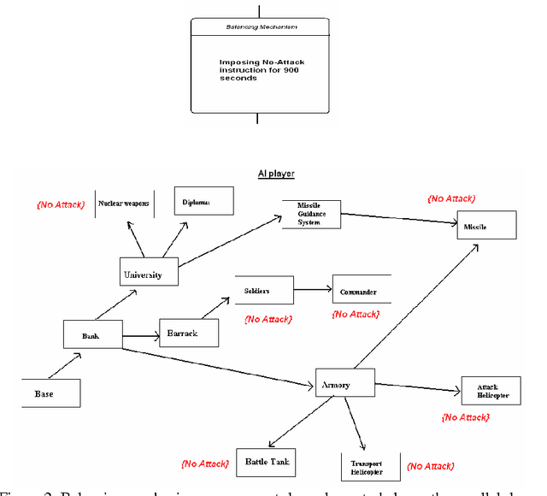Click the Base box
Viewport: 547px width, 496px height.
[50, 393]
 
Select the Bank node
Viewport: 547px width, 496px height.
[92, 334]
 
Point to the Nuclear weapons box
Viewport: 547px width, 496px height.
[124, 204]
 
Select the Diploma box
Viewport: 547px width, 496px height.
[203, 202]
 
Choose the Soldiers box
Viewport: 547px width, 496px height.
[262, 290]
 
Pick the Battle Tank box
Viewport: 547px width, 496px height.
[264, 462]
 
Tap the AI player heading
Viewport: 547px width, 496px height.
[277, 174]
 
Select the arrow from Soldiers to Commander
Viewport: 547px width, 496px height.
[312, 290]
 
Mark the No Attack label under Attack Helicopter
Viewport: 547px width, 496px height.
[465, 417]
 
